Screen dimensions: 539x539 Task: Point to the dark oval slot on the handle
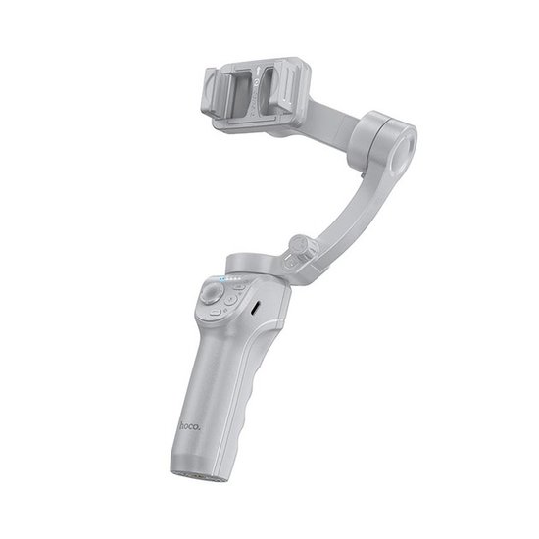(257, 307)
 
